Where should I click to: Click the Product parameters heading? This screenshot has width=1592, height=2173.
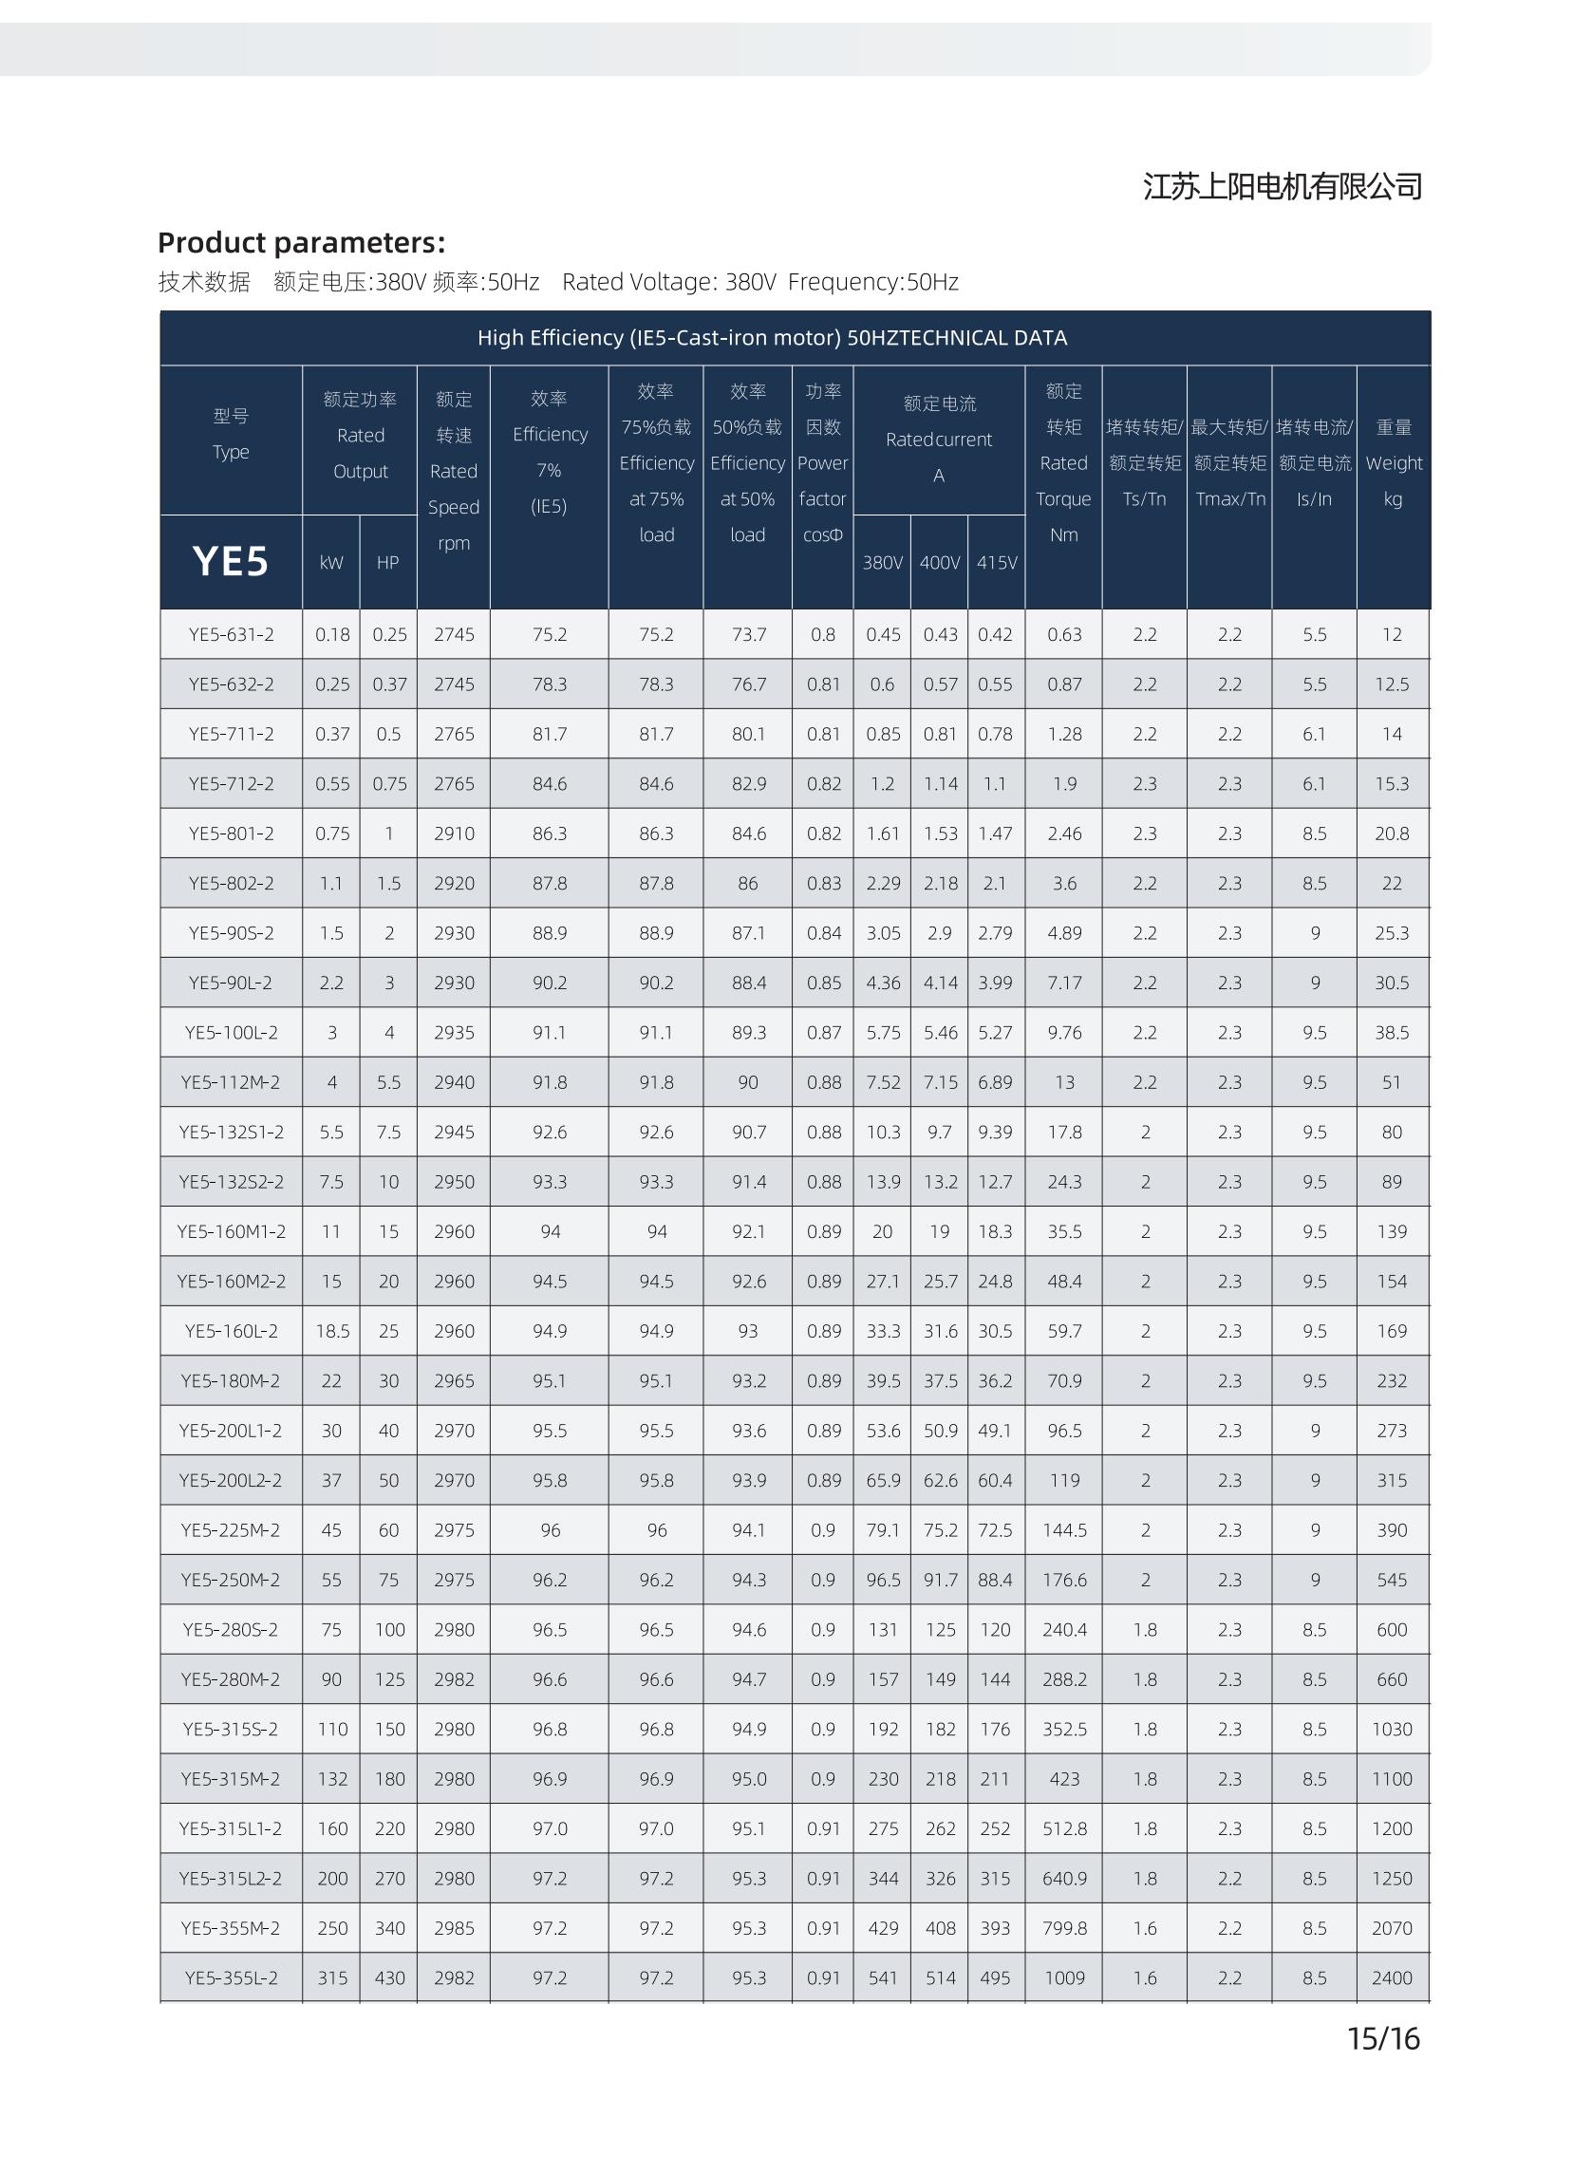302,242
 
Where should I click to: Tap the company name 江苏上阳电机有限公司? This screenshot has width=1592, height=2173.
1283,186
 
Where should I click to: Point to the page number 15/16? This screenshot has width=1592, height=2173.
1383,2038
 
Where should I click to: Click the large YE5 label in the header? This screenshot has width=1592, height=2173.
231,561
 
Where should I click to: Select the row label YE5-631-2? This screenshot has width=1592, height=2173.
232,634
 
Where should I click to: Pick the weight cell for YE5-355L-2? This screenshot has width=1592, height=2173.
1392,1977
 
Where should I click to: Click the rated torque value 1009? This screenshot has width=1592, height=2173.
1064,1977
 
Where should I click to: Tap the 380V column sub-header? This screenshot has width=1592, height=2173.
882,562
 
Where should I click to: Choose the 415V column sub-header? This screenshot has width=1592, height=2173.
997,562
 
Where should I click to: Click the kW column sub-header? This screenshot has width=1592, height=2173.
330,562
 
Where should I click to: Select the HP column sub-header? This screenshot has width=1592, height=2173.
387,562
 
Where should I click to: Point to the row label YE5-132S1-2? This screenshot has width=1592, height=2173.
232,1132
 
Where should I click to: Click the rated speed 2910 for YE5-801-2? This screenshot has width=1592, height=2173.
453,834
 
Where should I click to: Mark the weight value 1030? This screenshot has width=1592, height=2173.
1392,1729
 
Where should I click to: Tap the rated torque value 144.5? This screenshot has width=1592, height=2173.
1064,1529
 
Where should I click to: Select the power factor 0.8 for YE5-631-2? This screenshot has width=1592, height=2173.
823,634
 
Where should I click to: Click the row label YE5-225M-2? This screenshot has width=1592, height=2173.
232,1529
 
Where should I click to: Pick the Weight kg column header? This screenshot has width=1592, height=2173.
1394,462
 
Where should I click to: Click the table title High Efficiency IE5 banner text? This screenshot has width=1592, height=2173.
772,338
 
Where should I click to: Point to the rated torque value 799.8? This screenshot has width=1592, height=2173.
1064,1927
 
